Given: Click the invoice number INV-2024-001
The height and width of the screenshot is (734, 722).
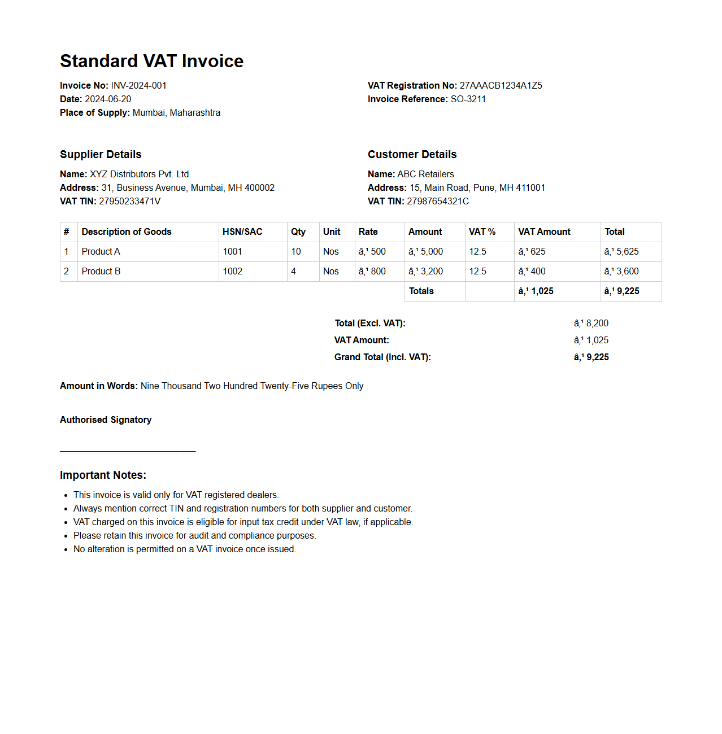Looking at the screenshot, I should pos(138,86).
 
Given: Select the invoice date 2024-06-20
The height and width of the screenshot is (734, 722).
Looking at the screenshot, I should pos(108,99).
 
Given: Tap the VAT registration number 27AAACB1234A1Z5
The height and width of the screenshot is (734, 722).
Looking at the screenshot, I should pos(501,86).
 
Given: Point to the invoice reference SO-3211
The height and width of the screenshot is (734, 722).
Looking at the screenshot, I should pos(468,99).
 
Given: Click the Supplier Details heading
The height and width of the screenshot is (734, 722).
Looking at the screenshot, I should pos(101,155).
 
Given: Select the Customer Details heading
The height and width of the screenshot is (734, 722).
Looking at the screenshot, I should pos(412,155).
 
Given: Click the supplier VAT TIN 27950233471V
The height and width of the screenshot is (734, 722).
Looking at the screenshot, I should pos(129,202).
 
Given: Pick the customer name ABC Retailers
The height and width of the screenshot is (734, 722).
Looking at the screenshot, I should pos(425,174).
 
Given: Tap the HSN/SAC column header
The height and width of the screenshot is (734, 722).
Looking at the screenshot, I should pos(242,232).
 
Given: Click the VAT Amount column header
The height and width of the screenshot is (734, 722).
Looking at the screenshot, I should pos(544,232).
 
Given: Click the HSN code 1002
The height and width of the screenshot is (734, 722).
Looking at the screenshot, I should pos(232,272).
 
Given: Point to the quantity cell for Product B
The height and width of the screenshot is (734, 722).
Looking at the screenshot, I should pos(294,272).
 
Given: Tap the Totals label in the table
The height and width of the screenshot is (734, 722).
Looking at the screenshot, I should pos(421,291).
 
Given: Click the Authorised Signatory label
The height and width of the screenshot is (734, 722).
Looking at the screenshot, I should pos(106,420).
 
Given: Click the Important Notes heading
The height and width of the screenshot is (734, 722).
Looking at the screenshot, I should pos(103,475).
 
